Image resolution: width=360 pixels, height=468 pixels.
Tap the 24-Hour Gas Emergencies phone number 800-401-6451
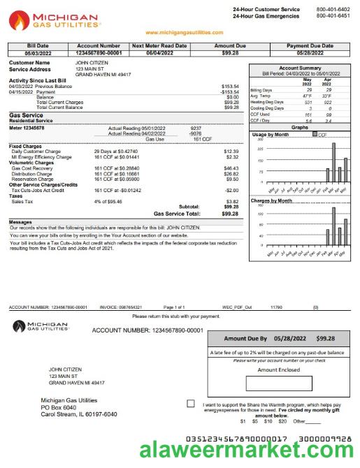(333, 15)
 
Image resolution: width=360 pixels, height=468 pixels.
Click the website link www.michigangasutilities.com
(185, 33)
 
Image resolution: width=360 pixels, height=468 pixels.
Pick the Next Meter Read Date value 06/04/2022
(159, 52)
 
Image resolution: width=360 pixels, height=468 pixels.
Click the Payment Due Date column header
(310, 45)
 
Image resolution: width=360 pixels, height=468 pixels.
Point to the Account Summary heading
(299, 68)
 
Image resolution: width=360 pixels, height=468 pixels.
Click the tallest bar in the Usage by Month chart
(333, 162)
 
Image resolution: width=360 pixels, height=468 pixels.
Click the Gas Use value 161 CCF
(202, 139)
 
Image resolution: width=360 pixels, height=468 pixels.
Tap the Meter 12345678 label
(27, 129)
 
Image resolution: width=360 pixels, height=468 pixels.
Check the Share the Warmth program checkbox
(191, 404)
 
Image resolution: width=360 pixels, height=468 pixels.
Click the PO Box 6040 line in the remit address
(59, 407)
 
